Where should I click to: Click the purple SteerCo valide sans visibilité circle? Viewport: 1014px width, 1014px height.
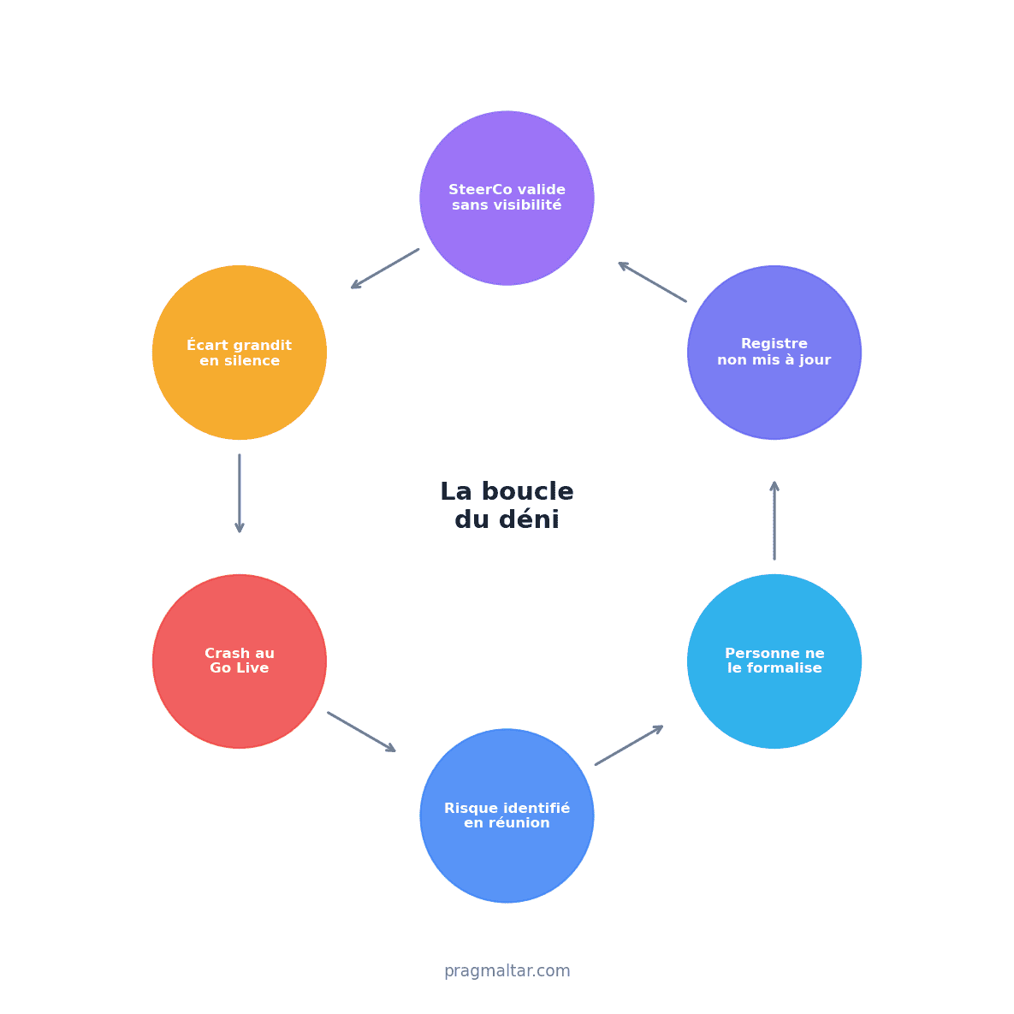[507, 198]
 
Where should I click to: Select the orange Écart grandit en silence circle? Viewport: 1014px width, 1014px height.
[240, 353]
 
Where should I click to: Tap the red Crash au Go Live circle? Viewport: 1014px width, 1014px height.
[240, 661]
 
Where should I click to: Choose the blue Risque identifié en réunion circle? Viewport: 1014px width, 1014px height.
[507, 815]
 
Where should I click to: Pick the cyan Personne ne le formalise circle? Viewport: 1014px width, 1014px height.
[774, 661]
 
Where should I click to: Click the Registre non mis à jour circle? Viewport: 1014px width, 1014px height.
[774, 353]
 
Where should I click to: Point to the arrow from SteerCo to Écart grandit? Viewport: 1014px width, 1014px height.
[385, 269]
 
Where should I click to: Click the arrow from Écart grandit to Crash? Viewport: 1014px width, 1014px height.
[240, 494]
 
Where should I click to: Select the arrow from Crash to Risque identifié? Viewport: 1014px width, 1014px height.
[361, 732]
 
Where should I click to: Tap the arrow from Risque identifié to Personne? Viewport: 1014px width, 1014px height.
[629, 745]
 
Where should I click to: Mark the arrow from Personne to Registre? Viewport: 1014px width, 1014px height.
[774, 520]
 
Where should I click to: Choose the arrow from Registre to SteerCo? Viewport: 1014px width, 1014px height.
[652, 282]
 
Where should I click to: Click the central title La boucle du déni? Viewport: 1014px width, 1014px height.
[507, 505]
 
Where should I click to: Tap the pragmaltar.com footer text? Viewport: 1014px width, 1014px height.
[507, 970]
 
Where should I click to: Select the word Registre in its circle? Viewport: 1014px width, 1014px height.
[774, 344]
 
